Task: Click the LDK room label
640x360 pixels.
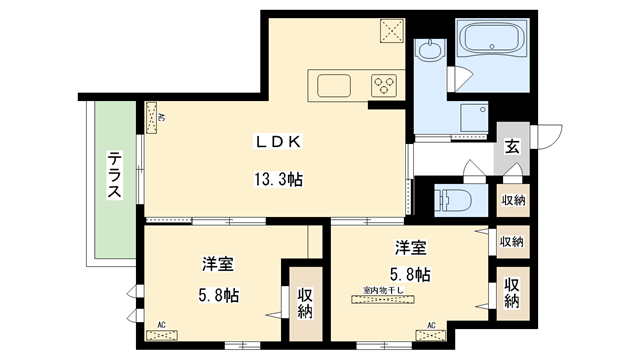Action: [277, 142]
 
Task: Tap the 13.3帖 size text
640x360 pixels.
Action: [277, 180]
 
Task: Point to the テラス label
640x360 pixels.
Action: [116, 175]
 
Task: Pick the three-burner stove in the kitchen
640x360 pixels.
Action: [384, 85]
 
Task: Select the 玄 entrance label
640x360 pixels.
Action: [511, 146]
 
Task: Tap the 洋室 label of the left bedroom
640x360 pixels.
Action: [218, 265]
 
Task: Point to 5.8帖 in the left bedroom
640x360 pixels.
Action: [218, 296]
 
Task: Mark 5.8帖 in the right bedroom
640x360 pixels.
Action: [410, 273]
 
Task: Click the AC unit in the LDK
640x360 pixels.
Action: [153, 117]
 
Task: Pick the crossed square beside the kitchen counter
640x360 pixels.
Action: [390, 30]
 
